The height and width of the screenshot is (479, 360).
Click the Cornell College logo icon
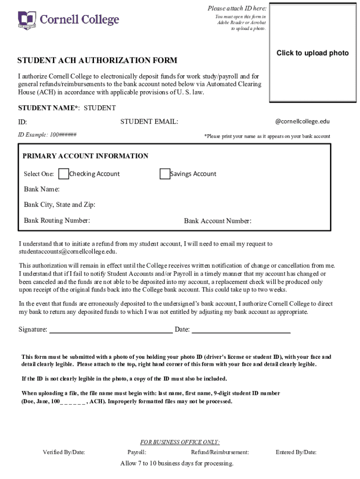pos(27,20)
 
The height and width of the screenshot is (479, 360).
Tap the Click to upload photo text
pos(312,53)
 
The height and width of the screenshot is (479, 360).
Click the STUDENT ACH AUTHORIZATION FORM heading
pos(97,60)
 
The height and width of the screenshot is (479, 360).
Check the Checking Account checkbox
pos(64,174)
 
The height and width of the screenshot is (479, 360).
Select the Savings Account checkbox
pos(165,174)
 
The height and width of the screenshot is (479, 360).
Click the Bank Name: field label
pos(42,189)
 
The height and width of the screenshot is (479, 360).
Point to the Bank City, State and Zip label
pos(59,205)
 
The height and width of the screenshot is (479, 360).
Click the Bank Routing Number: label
pos(57,220)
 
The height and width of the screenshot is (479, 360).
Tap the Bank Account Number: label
pos(217,221)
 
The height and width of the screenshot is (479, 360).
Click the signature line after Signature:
pos(111,329)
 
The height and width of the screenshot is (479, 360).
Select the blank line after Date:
pos(241,329)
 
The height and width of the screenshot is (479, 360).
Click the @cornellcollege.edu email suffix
pos(302,121)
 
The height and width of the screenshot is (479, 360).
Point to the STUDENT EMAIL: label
pos(149,122)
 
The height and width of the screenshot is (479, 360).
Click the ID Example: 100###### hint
pos(47,135)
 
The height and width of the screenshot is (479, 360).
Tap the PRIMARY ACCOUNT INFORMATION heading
pos(86,156)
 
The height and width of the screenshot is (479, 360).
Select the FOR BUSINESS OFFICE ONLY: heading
pos(180,442)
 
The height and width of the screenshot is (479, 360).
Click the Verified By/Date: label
pos(64,452)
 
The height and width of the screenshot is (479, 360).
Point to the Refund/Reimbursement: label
pos(220,452)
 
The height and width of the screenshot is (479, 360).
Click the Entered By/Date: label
pos(296,452)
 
